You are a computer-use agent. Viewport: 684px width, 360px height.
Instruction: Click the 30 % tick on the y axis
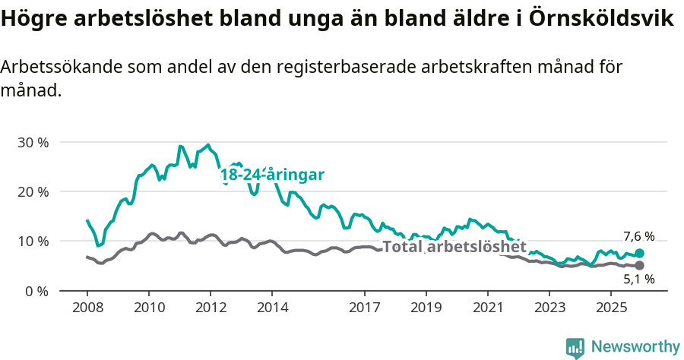click(32, 142)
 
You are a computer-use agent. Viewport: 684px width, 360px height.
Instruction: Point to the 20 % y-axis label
click(32, 191)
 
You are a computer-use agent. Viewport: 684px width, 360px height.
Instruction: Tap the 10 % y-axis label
click(32, 242)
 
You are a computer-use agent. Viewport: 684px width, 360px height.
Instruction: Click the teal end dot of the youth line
click(639, 253)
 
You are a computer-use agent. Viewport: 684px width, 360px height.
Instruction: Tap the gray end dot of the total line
click(639, 265)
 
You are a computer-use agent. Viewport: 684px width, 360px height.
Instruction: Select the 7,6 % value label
click(639, 237)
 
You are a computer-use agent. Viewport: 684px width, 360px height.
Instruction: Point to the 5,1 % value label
click(639, 279)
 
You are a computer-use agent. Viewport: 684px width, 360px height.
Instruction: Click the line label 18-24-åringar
click(272, 175)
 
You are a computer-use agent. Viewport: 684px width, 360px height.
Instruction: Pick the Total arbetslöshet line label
click(454, 247)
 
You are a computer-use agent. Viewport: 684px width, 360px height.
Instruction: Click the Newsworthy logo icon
click(575, 347)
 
